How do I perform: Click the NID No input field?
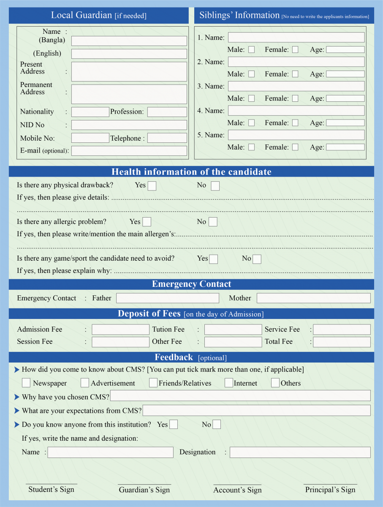point(129,125)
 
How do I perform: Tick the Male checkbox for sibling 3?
point(251,98)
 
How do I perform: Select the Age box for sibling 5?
point(345,147)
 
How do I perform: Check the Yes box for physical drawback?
point(152,186)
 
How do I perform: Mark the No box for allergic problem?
point(213,222)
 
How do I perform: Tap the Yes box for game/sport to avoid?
point(214,259)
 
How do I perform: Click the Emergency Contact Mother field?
point(313,298)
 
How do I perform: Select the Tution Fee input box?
point(233,330)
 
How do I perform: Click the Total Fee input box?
point(342,342)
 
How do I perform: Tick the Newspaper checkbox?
point(26,383)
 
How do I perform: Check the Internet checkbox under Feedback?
point(228,383)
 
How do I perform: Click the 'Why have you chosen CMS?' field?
point(240,396)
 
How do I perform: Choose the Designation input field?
point(300,452)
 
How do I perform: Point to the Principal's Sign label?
point(330,490)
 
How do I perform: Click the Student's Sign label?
point(51,490)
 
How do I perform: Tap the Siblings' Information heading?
point(239,15)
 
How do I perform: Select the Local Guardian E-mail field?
point(129,151)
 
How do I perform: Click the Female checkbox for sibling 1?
point(295,49)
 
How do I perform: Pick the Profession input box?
point(167,112)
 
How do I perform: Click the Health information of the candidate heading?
point(191,172)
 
